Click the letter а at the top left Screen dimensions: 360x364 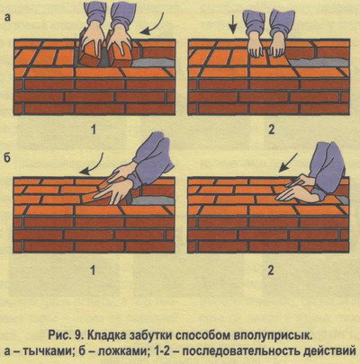(x=7, y=18)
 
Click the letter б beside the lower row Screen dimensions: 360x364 (x=7, y=157)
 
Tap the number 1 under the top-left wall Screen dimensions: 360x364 (x=94, y=129)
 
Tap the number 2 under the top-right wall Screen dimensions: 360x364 (x=272, y=129)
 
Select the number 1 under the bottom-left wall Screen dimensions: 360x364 (x=94, y=271)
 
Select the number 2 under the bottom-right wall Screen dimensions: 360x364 (x=271, y=271)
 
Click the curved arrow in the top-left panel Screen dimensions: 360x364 (x=156, y=25)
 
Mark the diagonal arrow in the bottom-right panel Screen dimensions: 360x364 (x=288, y=163)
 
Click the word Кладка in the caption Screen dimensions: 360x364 (x=107, y=335)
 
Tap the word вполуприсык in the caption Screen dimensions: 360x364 (x=272, y=335)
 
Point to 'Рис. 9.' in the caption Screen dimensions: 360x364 (x=66, y=335)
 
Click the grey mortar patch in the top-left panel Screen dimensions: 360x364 (x=153, y=62)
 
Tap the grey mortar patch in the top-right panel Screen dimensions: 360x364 (x=319, y=62)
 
